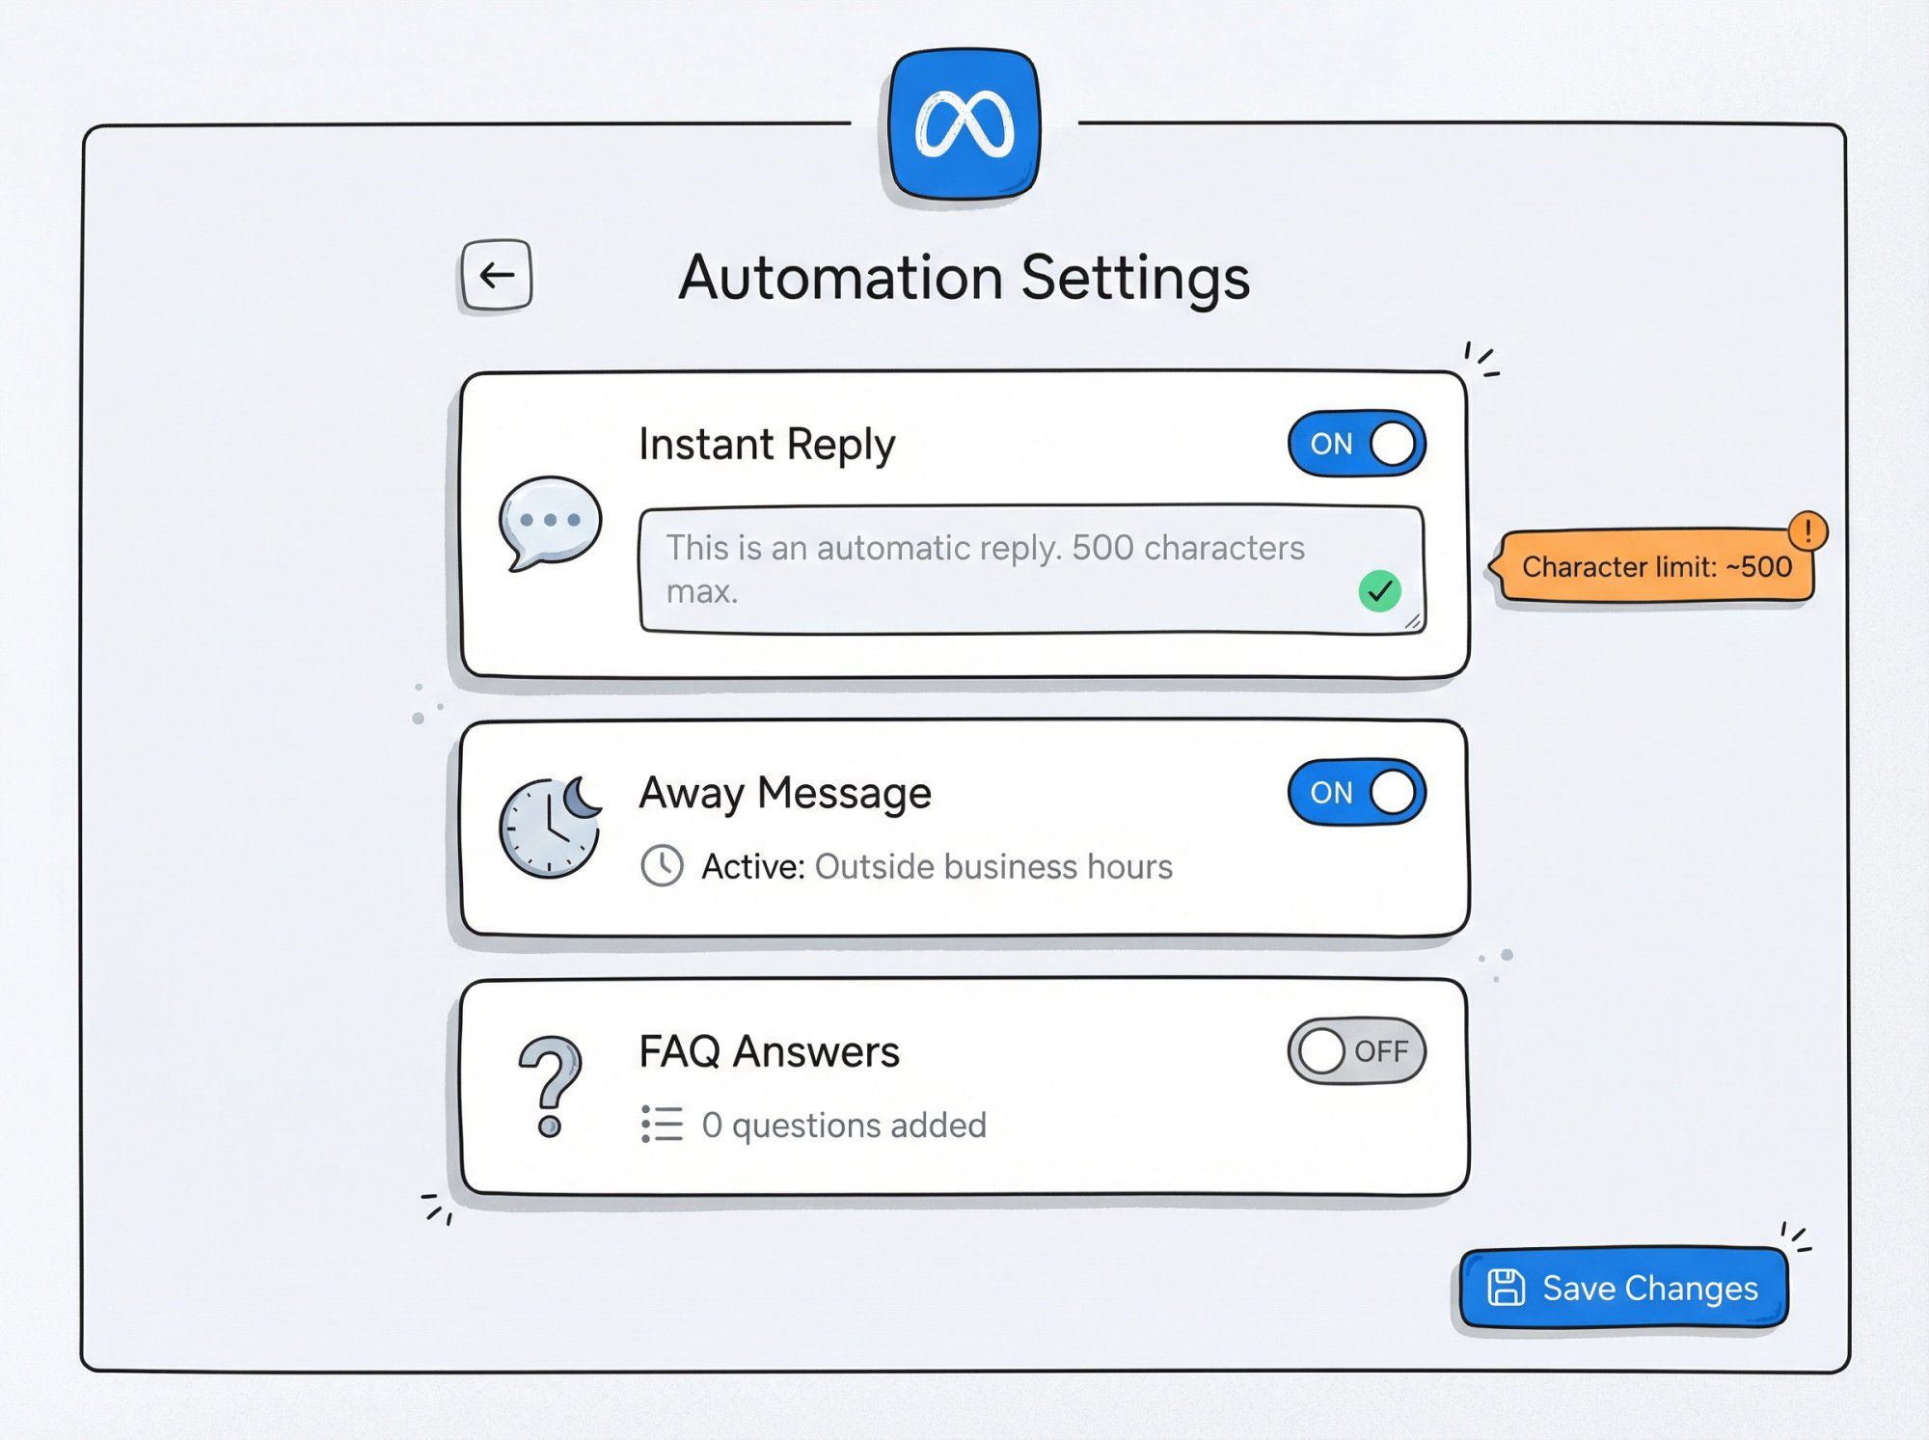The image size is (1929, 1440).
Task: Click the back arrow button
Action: pyautogui.click(x=496, y=275)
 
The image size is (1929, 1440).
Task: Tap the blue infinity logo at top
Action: pyautogui.click(x=964, y=124)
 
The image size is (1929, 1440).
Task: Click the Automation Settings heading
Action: pyautogui.click(x=964, y=278)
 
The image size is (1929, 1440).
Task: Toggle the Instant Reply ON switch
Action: pyautogui.click(x=1356, y=444)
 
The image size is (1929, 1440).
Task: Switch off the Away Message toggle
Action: pyautogui.click(x=1356, y=792)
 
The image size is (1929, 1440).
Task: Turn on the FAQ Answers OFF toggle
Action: pyautogui.click(x=1356, y=1050)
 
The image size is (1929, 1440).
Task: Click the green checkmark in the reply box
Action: pyautogui.click(x=1379, y=590)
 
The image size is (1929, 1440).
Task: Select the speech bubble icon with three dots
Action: pyautogui.click(x=550, y=522)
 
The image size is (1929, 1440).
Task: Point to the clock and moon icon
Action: pyautogui.click(x=551, y=827)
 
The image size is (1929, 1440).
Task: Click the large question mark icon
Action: pyautogui.click(x=551, y=1085)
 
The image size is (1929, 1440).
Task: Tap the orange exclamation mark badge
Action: pyautogui.click(x=1807, y=530)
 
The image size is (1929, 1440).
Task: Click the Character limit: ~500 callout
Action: pyautogui.click(x=1654, y=567)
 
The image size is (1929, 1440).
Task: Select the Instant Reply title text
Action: pyautogui.click(x=767, y=445)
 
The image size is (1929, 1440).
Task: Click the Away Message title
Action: pyautogui.click(x=785, y=793)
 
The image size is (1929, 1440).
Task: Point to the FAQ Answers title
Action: pyautogui.click(x=769, y=1051)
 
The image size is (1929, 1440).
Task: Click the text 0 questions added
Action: pyautogui.click(x=844, y=1125)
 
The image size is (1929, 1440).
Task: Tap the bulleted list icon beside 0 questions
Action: pyautogui.click(x=663, y=1125)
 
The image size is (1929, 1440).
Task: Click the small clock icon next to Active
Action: pyautogui.click(x=663, y=865)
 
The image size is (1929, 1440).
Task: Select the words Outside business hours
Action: pyautogui.click(x=993, y=866)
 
